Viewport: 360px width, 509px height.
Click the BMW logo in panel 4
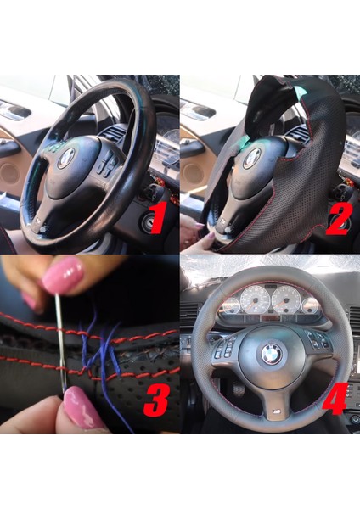click(x=271, y=354)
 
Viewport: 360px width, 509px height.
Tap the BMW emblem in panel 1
click(x=65, y=157)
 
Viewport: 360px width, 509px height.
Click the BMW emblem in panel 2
click(x=252, y=158)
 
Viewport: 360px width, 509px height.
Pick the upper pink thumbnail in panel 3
click(x=62, y=276)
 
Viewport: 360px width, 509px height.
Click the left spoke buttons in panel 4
click(x=229, y=346)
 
